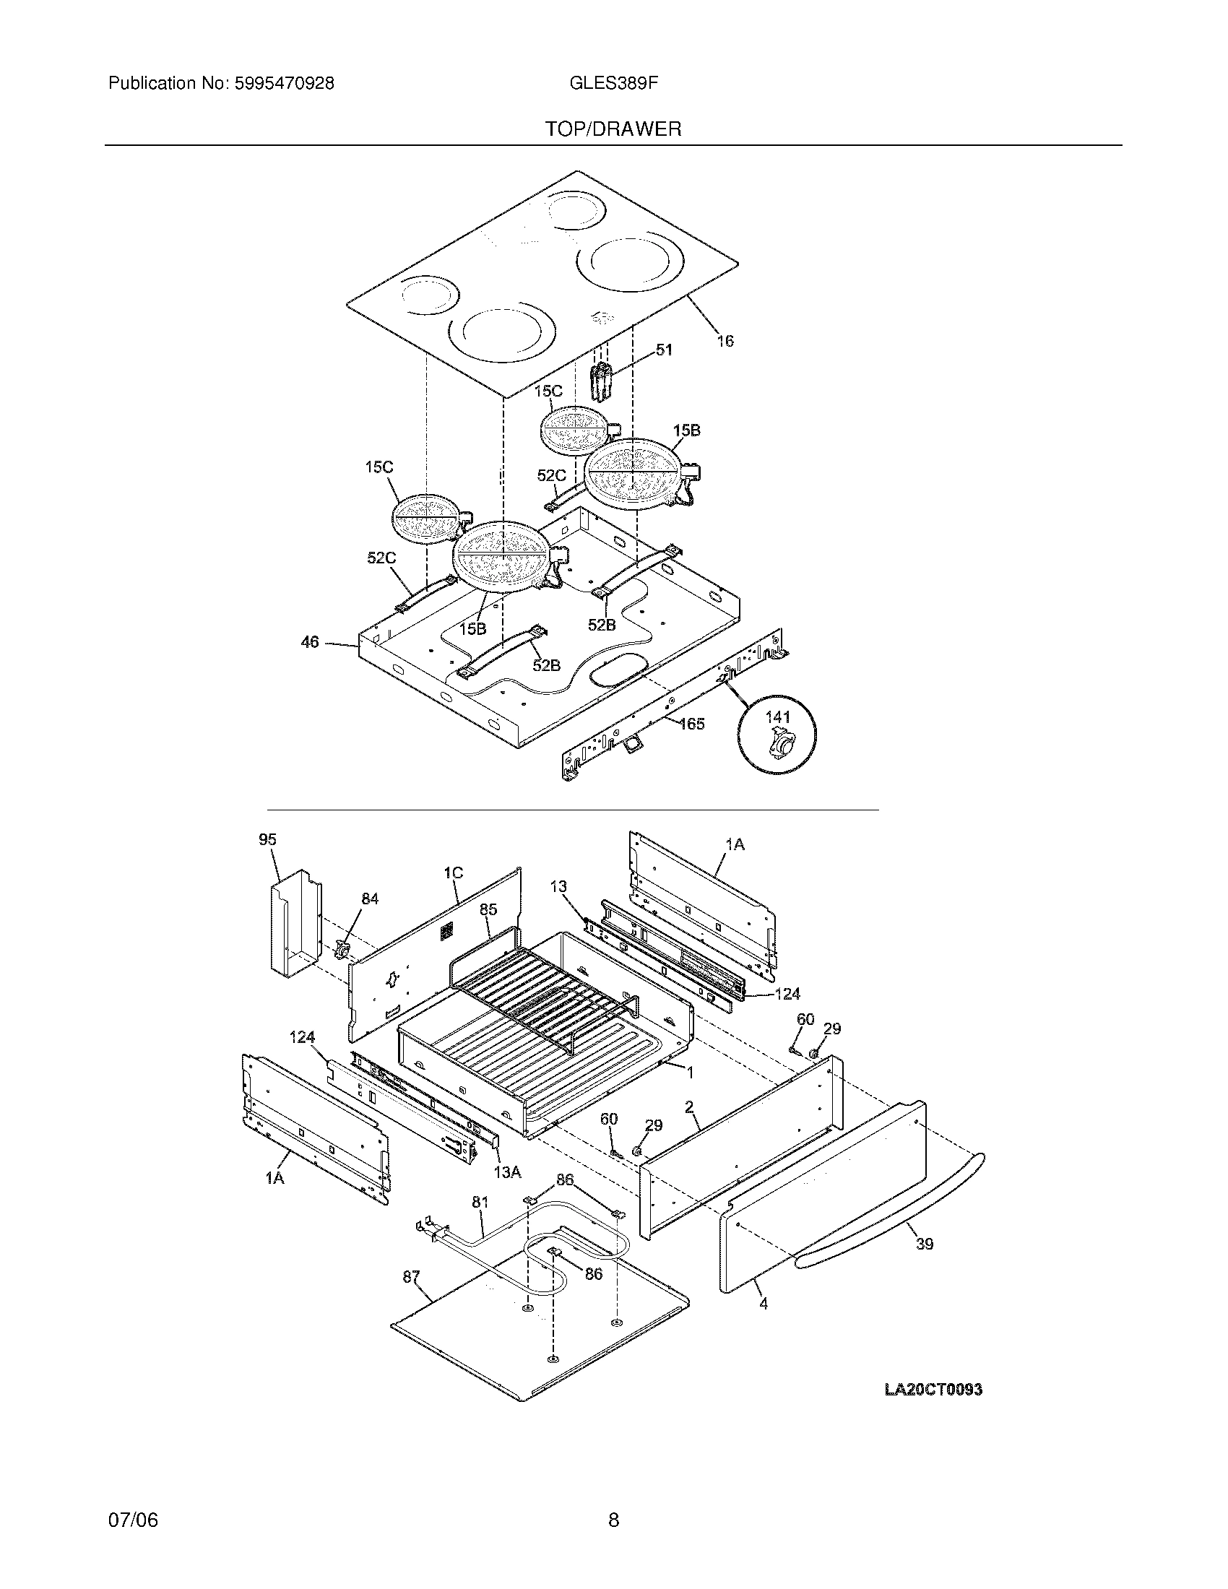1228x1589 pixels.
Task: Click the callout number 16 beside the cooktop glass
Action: pyautogui.click(x=725, y=340)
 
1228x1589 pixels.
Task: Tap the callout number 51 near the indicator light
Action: pyautogui.click(x=663, y=350)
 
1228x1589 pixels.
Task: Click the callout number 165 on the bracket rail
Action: pyautogui.click(x=691, y=723)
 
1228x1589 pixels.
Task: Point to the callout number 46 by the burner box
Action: pyautogui.click(x=310, y=642)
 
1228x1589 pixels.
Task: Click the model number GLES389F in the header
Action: pyautogui.click(x=613, y=84)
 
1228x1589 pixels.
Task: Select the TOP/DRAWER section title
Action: pyautogui.click(x=613, y=129)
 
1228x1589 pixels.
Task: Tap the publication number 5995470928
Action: pyautogui.click(x=283, y=84)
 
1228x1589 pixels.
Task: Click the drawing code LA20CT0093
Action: pyautogui.click(x=933, y=1390)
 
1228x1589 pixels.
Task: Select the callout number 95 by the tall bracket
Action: pyautogui.click(x=267, y=839)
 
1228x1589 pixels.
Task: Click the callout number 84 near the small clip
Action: pyautogui.click(x=370, y=899)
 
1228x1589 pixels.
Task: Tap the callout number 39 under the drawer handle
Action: pyautogui.click(x=924, y=1244)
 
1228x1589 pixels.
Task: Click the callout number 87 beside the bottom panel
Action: pyautogui.click(x=412, y=1276)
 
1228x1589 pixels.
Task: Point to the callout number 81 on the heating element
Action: pyautogui.click(x=480, y=1203)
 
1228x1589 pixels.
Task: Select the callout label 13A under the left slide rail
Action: pyautogui.click(x=507, y=1172)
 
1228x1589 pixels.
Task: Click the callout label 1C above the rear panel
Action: pyautogui.click(x=453, y=873)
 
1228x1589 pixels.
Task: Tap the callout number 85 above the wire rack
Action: pyautogui.click(x=488, y=909)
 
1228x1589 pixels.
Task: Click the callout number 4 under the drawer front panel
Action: pyautogui.click(x=763, y=1304)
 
